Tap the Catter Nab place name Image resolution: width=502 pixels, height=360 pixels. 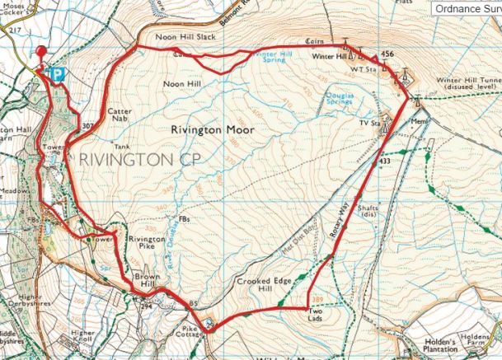119,115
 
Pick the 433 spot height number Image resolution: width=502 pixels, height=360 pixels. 383,161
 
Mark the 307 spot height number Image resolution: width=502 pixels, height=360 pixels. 88,126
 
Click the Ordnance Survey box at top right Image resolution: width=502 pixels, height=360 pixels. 467,8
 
